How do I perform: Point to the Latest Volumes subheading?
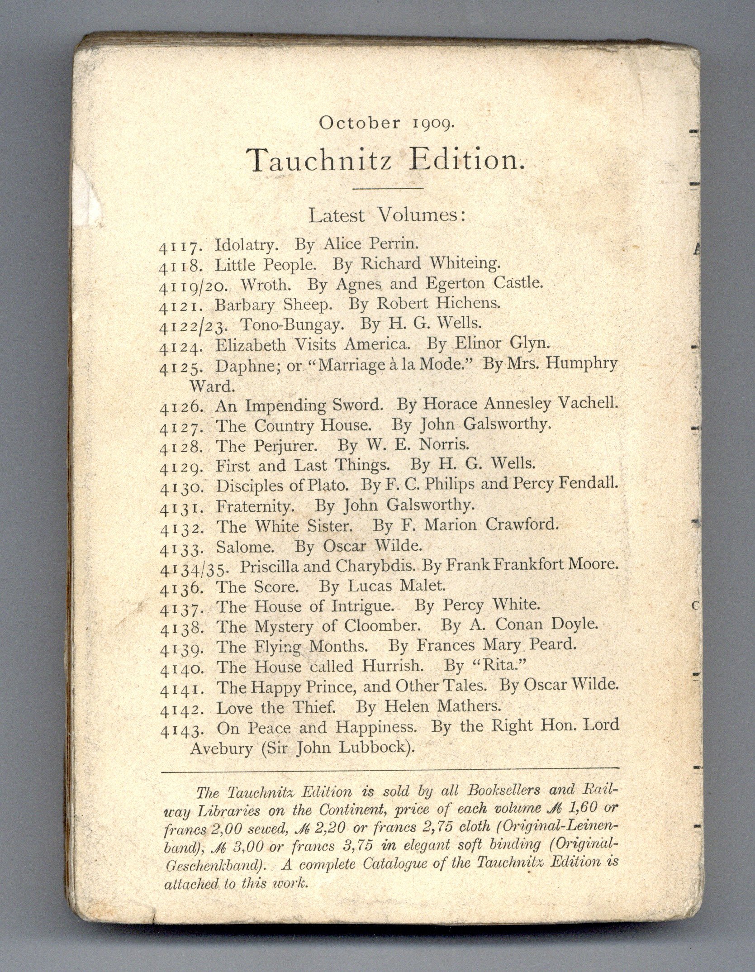(x=387, y=215)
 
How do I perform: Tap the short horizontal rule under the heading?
(x=387, y=187)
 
